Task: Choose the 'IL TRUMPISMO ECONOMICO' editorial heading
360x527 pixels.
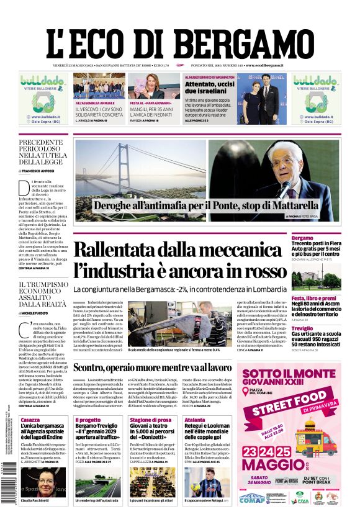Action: coord(43,294)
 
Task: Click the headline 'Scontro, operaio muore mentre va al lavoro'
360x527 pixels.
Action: coord(178,367)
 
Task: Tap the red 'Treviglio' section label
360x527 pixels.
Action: coord(303,328)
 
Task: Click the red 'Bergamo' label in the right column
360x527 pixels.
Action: coord(302,238)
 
